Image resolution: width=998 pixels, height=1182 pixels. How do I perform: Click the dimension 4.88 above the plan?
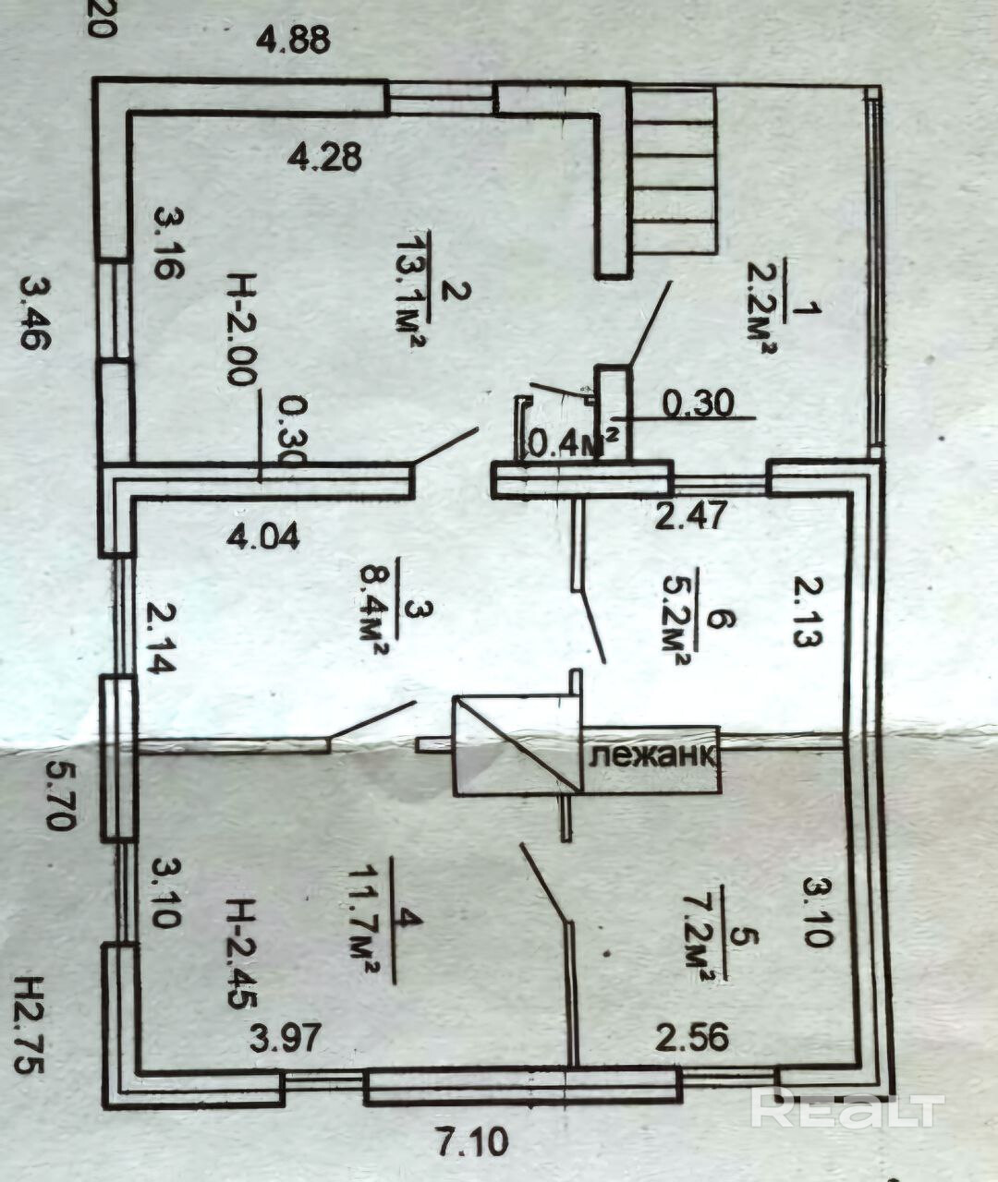(x=293, y=42)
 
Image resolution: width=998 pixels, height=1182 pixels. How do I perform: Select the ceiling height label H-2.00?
(x=242, y=329)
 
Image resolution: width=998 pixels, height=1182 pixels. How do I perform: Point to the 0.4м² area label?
(x=572, y=442)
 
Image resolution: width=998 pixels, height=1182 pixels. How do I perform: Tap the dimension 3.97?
(x=286, y=1039)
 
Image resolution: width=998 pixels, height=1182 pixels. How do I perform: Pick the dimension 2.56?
(x=692, y=1037)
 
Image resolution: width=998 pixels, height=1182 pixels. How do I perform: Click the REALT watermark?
(x=846, y=1109)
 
